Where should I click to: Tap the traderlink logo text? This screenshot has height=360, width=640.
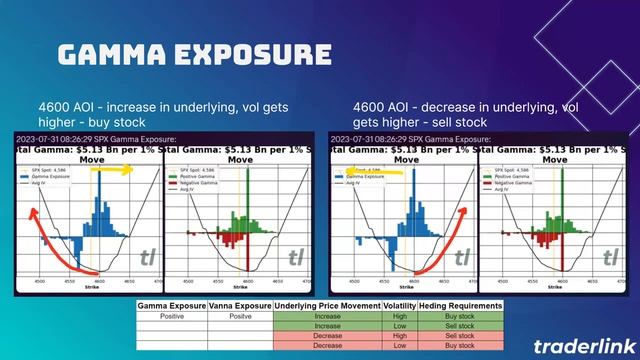coord(579,345)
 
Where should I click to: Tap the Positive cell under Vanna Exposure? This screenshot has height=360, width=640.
coord(240,315)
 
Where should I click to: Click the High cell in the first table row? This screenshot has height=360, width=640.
coord(404,315)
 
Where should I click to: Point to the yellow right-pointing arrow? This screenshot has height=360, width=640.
coord(119,171)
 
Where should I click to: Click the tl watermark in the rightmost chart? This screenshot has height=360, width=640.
coord(610,258)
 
